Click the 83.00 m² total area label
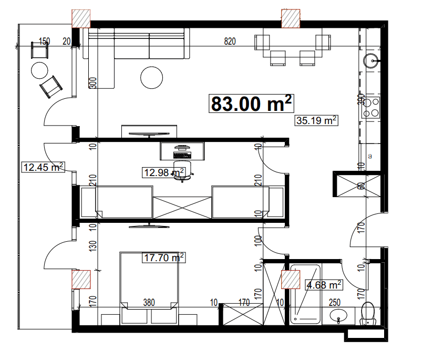point(251,104)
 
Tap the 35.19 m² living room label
point(316,120)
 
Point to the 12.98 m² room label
point(163,172)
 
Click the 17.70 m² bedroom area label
point(164,258)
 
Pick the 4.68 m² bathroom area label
point(324,285)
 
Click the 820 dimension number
point(230,41)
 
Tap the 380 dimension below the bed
point(149,302)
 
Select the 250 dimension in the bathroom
point(335,302)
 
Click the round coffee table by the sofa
point(151,77)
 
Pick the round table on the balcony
point(39,69)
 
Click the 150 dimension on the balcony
point(44,41)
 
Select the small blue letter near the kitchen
point(370,156)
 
